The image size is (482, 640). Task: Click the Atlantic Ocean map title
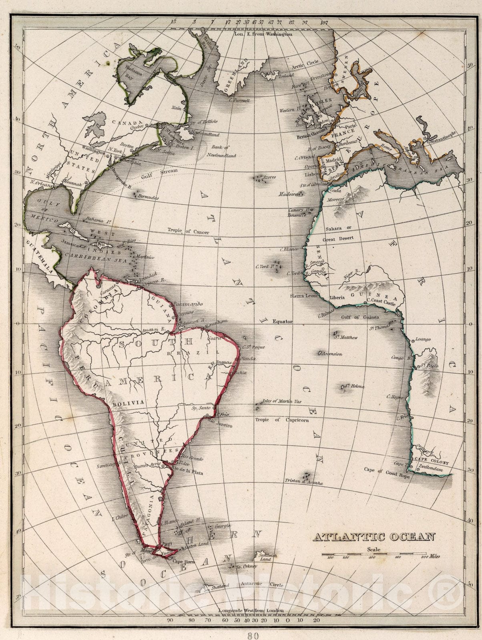(374, 537)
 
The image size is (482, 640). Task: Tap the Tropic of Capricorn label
(282, 420)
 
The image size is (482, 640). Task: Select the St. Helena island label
(355, 386)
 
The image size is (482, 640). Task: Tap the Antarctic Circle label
(262, 585)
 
